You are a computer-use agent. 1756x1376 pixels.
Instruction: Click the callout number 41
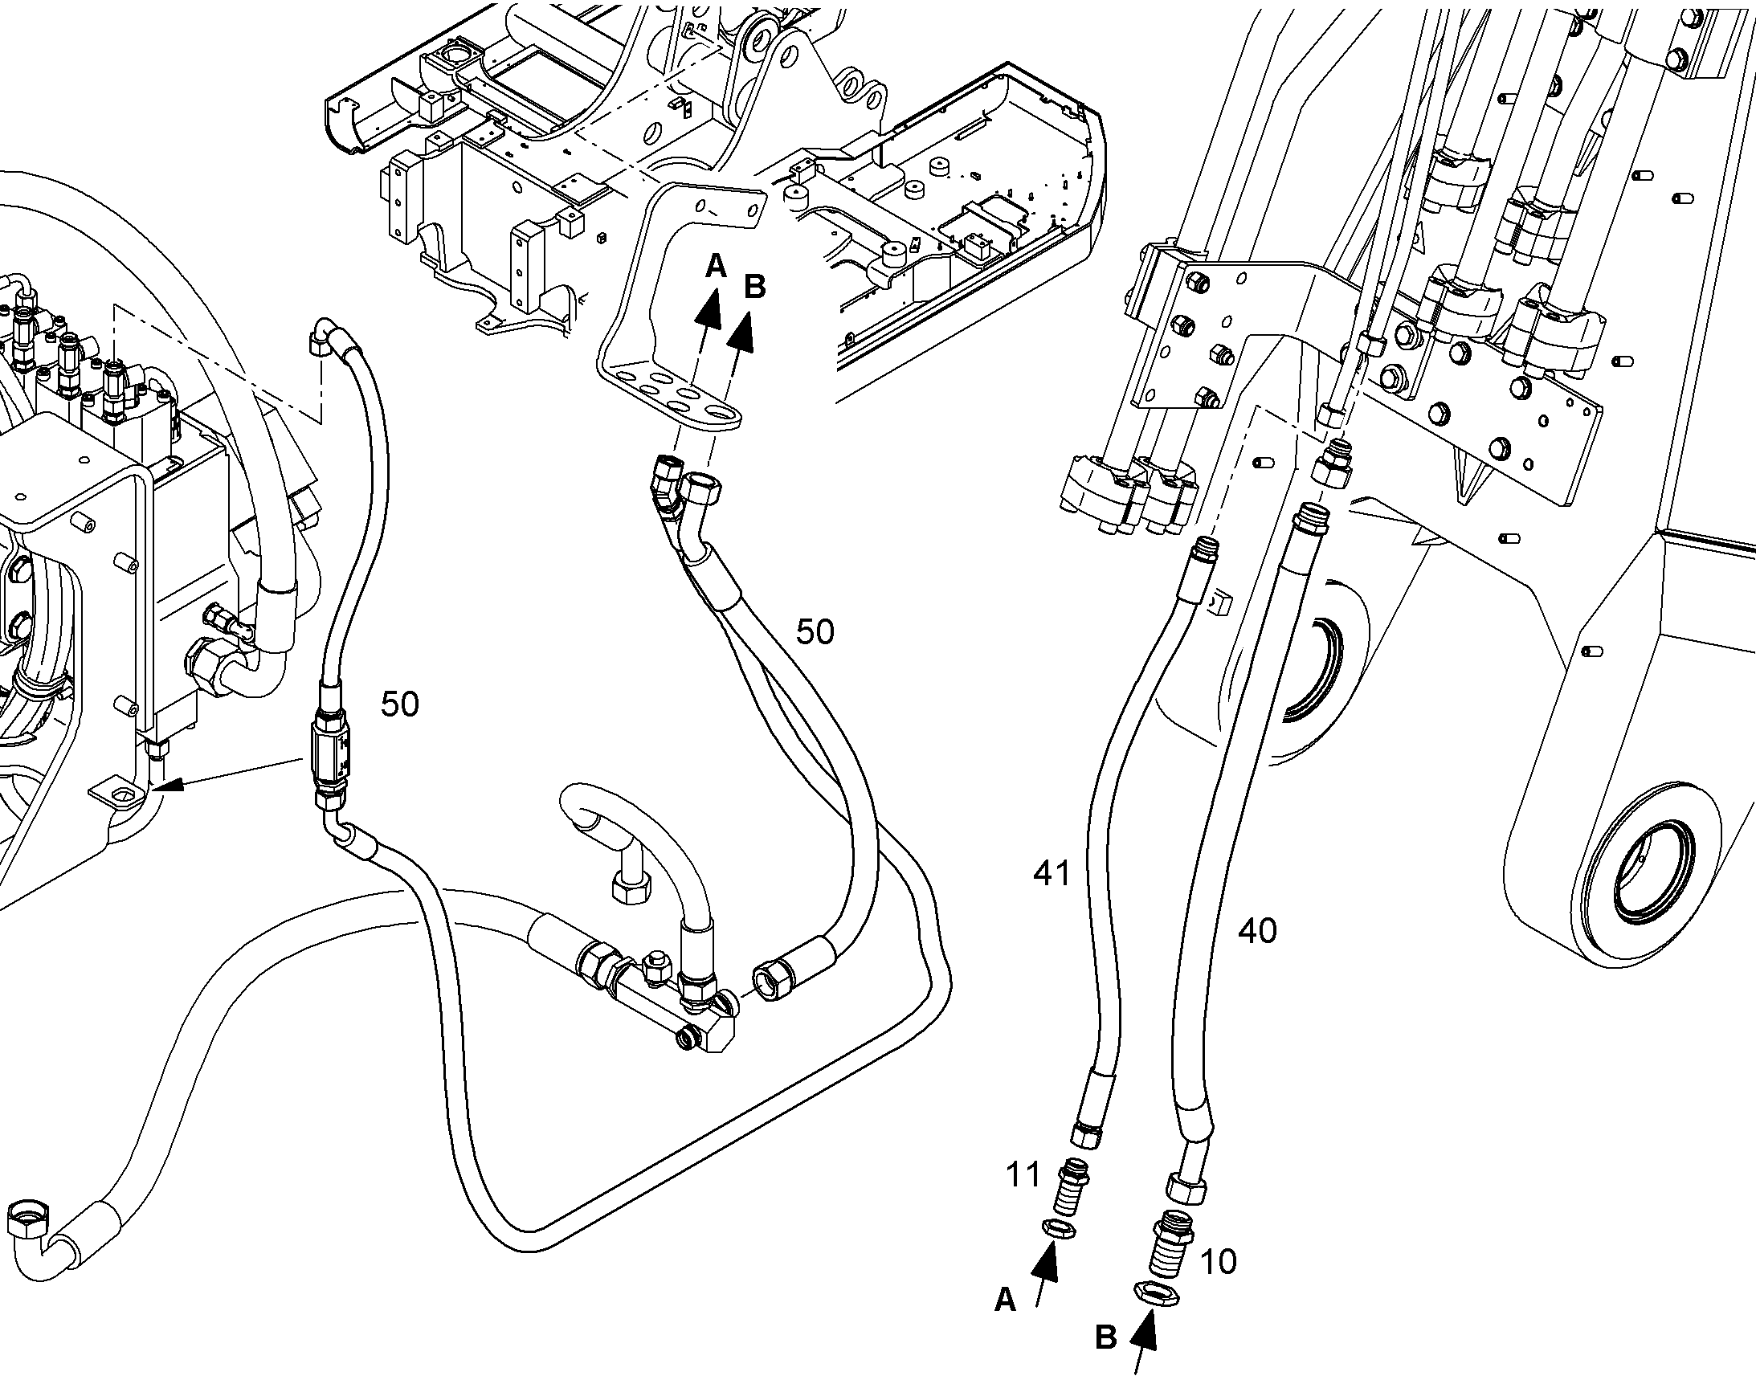tap(1052, 872)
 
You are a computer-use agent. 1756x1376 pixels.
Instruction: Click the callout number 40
tap(1257, 931)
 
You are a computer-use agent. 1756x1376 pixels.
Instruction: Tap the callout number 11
tap(1023, 1175)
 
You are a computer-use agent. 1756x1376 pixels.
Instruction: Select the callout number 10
tap(1217, 1262)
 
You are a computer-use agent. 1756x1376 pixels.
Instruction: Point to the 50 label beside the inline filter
tap(399, 704)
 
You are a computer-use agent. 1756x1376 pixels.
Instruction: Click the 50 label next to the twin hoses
tap(815, 632)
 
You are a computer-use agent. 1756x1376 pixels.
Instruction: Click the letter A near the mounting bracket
tap(715, 266)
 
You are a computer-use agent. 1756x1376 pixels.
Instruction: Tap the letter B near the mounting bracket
tap(754, 287)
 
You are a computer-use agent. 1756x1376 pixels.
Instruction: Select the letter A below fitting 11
tap(1005, 1300)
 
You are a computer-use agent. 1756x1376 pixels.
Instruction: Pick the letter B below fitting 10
tap(1105, 1338)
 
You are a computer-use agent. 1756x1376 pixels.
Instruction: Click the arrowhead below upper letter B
tap(744, 332)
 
